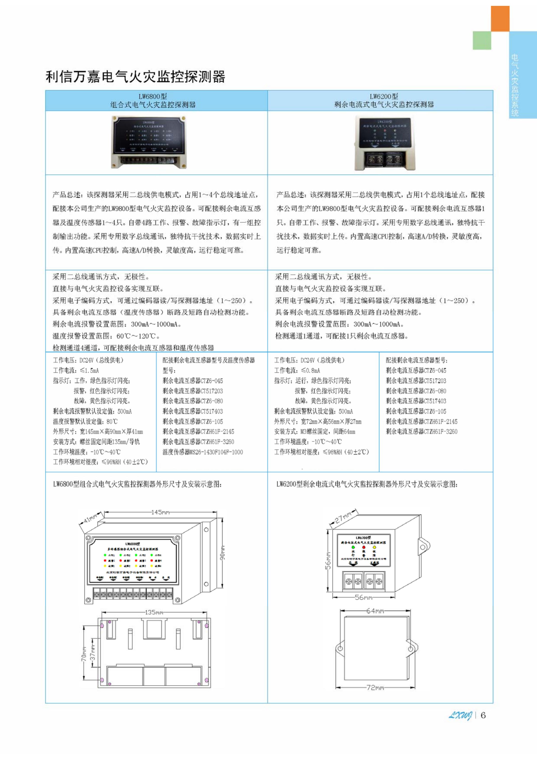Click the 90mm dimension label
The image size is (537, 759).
222,553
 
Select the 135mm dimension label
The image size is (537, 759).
154,612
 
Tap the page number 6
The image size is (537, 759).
483,715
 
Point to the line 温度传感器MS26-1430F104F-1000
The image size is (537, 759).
202,452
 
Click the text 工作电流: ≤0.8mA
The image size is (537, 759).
297,371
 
